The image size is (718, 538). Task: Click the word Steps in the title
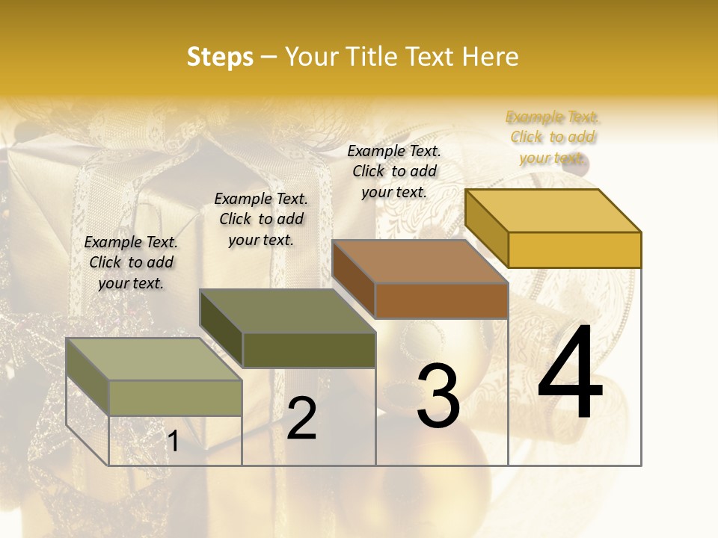click(220, 57)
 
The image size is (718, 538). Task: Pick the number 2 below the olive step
click(301, 418)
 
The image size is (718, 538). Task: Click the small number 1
click(173, 442)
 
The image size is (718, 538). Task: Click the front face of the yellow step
click(574, 250)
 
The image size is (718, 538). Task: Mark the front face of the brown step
click(441, 300)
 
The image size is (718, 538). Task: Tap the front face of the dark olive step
click(308, 350)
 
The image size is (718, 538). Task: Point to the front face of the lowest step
click(175, 398)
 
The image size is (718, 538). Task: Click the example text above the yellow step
click(553, 137)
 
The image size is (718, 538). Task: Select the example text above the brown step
click(394, 171)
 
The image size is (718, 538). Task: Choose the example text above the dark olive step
click(261, 219)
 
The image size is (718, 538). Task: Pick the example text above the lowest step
click(131, 262)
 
